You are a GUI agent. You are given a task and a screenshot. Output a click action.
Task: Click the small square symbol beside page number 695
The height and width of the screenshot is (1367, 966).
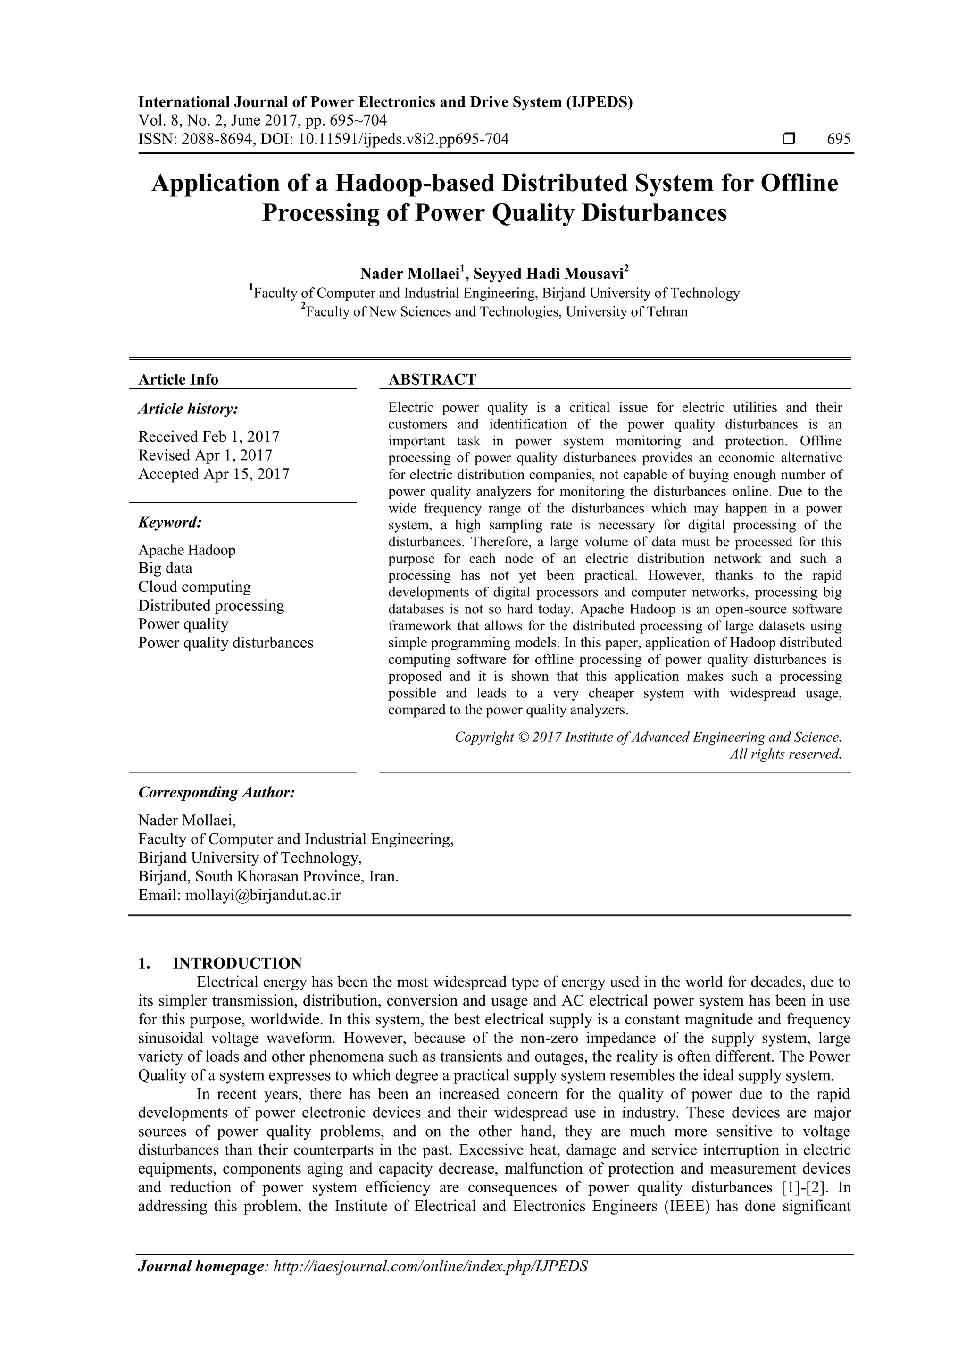(x=789, y=139)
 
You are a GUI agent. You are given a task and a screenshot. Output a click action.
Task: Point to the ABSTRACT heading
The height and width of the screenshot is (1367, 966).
(x=432, y=379)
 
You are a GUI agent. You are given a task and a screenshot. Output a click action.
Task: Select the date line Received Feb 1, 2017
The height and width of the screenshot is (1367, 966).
(x=208, y=436)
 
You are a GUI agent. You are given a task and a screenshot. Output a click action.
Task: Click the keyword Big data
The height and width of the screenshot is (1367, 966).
(x=165, y=568)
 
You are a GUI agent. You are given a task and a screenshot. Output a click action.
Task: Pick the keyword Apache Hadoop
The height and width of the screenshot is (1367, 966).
(x=186, y=550)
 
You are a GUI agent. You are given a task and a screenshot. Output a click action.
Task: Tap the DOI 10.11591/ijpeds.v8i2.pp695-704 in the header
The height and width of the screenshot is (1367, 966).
(x=403, y=139)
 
